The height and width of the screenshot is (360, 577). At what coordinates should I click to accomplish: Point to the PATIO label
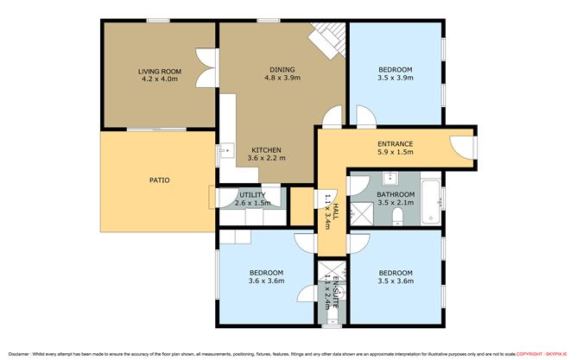(156, 180)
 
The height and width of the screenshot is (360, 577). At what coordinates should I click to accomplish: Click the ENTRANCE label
(395, 143)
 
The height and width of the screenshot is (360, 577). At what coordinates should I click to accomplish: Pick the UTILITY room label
(252, 195)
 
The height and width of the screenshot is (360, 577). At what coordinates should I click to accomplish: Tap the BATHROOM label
(396, 195)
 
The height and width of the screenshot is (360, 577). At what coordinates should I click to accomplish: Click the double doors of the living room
(205, 67)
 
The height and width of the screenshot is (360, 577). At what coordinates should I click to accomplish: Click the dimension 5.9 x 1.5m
(395, 152)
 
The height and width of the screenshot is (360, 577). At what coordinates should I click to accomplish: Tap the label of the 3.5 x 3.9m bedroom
(395, 70)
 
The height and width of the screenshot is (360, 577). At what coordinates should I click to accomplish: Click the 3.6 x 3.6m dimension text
(266, 281)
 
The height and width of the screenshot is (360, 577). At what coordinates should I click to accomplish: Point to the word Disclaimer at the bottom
(18, 354)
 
